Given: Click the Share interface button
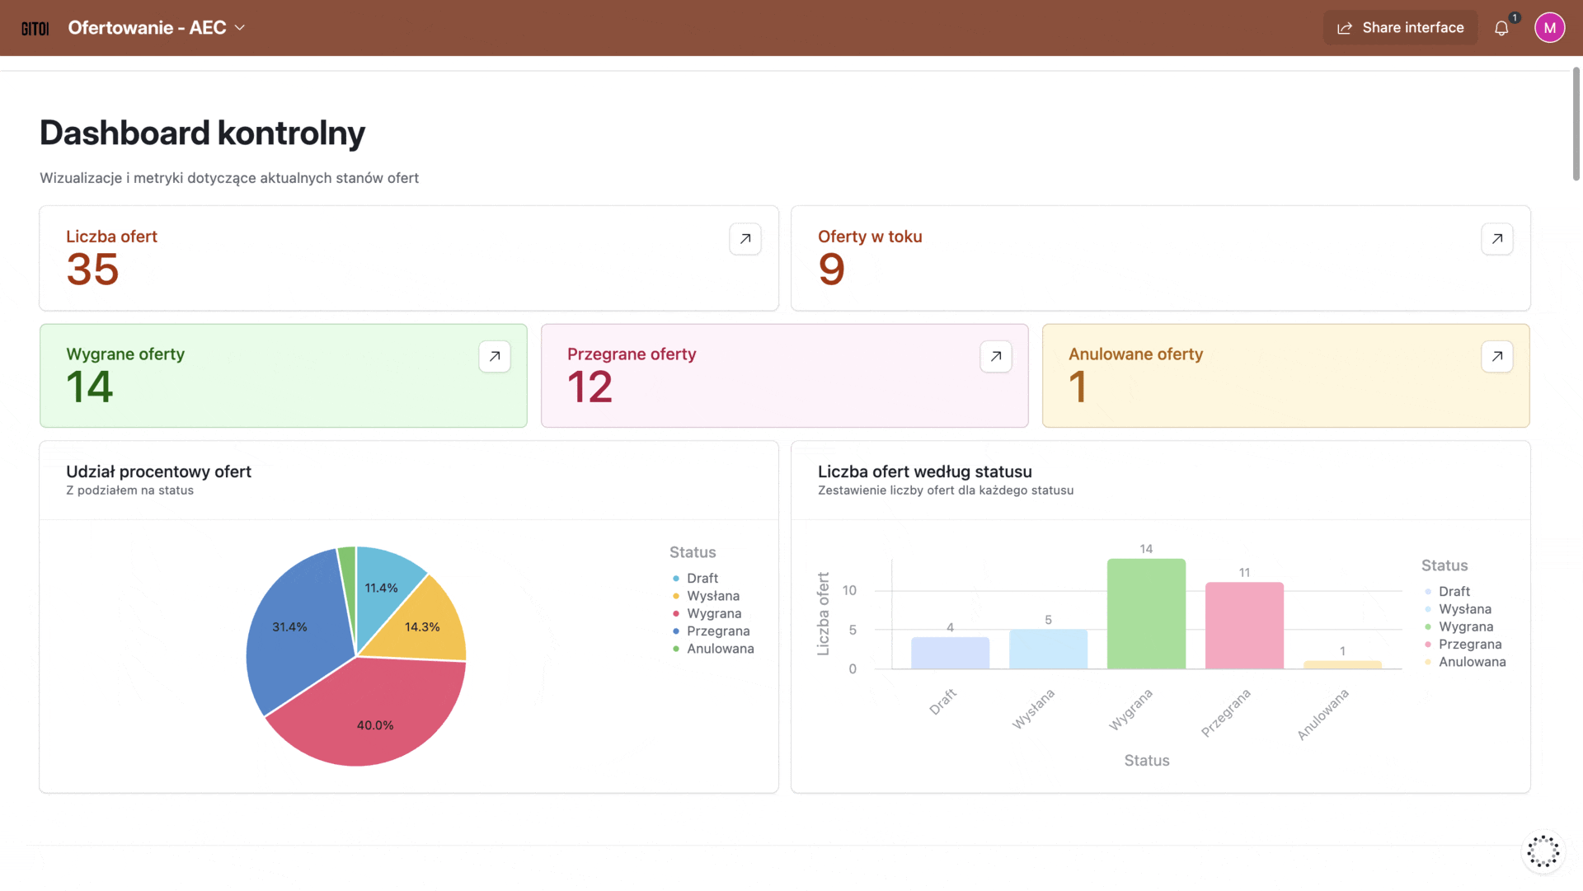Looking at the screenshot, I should pyautogui.click(x=1400, y=28).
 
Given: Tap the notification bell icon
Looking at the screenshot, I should pyautogui.click(x=1501, y=29).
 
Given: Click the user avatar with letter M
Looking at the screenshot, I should pyautogui.click(x=1549, y=28).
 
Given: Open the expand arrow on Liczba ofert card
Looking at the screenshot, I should pyautogui.click(x=745, y=239).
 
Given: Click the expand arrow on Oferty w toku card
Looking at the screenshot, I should pyautogui.click(x=1496, y=239).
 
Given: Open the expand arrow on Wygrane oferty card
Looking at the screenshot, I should pyautogui.click(x=494, y=357).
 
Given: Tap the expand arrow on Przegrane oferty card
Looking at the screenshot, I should pyautogui.click(x=995, y=357).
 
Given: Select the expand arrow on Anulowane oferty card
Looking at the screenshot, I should pyautogui.click(x=1496, y=357).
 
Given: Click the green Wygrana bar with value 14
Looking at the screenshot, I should pyautogui.click(x=1146, y=614).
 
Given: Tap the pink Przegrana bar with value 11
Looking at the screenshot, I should pyautogui.click(x=1244, y=626).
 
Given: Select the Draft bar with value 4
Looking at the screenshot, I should pyautogui.click(x=950, y=653).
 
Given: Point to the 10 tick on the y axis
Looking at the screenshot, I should pyautogui.click(x=849, y=590).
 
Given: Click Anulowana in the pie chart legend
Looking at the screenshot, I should pyautogui.click(x=720, y=649).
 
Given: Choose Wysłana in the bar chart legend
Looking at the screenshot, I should pyautogui.click(x=1464, y=609).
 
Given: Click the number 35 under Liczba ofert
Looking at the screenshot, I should pyautogui.click(x=92, y=270).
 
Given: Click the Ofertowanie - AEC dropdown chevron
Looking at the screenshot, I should pyautogui.click(x=240, y=28).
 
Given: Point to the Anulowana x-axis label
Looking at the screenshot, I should pyautogui.click(x=1322, y=715).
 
